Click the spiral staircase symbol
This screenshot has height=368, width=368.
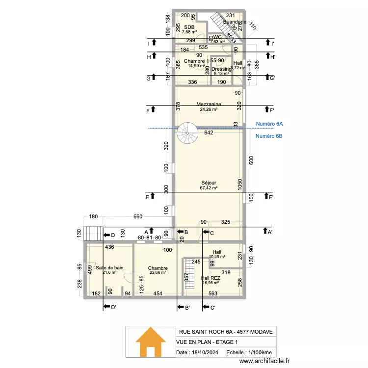pos(187,133)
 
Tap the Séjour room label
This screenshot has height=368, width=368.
pos(209,183)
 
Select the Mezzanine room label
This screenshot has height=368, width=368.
pos(209,104)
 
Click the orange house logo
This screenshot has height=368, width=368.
pos(150,342)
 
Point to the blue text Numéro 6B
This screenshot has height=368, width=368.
pos(269,136)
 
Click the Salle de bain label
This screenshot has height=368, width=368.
pos(109,267)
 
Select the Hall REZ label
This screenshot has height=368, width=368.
pos(210,278)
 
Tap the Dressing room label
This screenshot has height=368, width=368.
pos(221,69)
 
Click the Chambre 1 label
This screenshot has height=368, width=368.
pos(196,61)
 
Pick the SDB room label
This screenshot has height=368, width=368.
pos(189,27)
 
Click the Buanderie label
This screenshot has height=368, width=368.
pos(234,22)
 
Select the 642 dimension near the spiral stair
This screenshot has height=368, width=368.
pos(209,132)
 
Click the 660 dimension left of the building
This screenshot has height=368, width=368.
pos(138,217)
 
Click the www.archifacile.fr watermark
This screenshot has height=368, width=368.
pos(264,361)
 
